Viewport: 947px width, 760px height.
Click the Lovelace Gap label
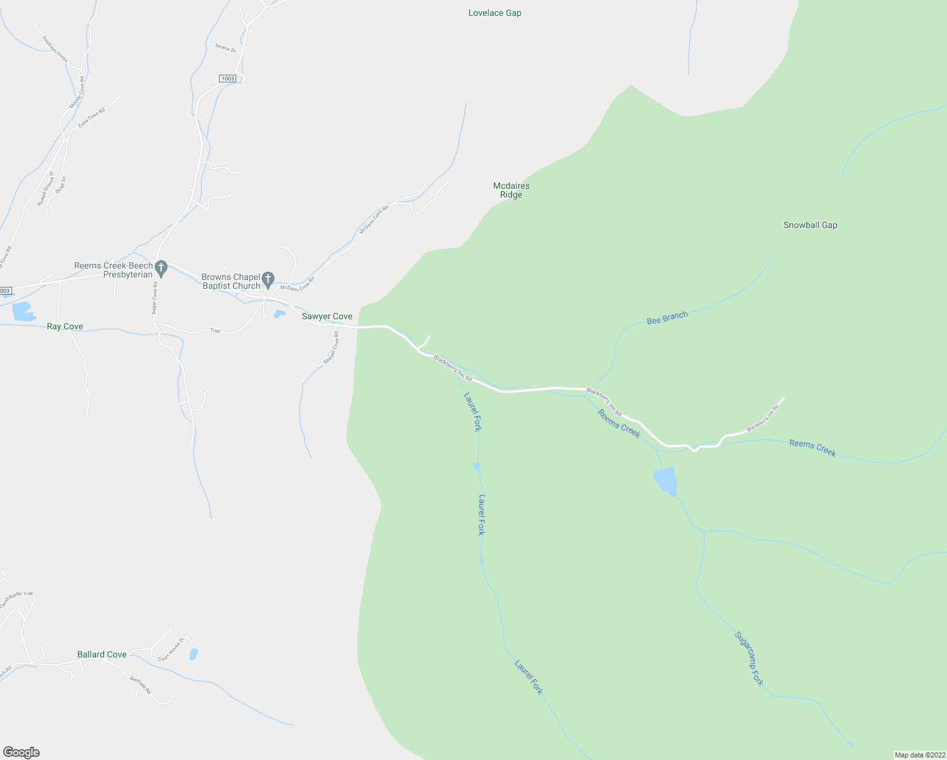[494, 13]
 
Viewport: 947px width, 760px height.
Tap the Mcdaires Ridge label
[511, 190]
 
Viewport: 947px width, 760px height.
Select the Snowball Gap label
[810, 225]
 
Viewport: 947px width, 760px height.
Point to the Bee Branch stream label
[667, 318]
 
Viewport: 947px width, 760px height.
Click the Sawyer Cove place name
[327, 316]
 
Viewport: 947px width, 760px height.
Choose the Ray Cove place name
[65, 326]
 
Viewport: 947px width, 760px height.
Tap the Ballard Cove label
[101, 654]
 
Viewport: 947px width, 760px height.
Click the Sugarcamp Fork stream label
[749, 659]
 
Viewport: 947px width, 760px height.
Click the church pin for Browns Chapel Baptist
[268, 279]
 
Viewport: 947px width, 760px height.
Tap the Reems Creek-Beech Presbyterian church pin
[161, 267]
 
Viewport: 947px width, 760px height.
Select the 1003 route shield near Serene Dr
[227, 79]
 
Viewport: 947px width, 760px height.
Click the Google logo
[21, 752]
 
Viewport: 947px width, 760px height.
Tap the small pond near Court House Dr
[193, 654]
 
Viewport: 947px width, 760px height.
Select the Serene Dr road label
[225, 47]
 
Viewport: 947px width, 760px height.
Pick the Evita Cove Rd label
[92, 118]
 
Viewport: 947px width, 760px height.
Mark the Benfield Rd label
[140, 685]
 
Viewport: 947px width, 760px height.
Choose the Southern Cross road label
[54, 48]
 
